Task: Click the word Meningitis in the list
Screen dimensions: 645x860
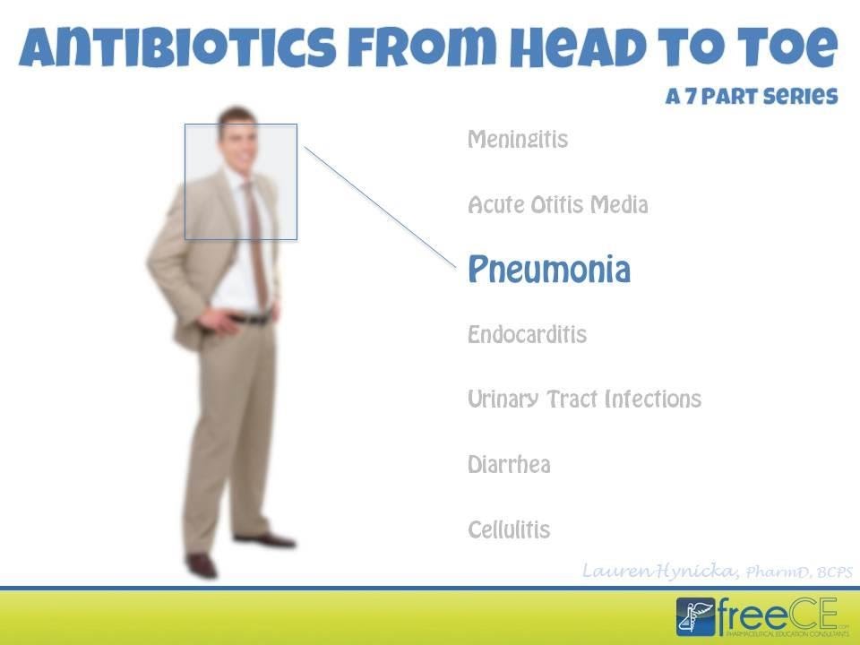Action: tap(518, 141)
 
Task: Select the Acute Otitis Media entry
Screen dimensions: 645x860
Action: tap(557, 205)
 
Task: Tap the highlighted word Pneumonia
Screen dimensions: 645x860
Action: tap(548, 270)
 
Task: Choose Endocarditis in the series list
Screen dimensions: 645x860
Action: tap(527, 335)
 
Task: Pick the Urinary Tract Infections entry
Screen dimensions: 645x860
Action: tap(584, 400)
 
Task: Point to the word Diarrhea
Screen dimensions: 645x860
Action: tap(509, 465)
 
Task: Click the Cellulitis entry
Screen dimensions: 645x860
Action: tap(509, 529)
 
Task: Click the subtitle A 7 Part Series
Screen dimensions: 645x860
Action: tap(751, 97)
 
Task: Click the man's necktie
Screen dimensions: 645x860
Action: tap(257, 242)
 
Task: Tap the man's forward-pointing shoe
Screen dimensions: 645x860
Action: tap(202, 565)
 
